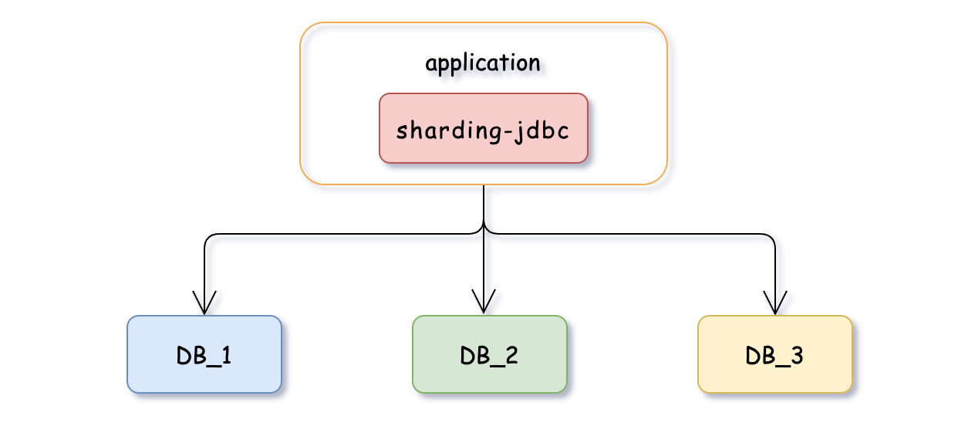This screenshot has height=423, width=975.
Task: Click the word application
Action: pos(483,63)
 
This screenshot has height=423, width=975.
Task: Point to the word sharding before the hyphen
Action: pos(447,130)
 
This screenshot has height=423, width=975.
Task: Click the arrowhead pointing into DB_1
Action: pos(204,304)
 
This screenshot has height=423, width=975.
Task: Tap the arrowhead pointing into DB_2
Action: pos(484,304)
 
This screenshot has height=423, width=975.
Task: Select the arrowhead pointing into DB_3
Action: pos(774,304)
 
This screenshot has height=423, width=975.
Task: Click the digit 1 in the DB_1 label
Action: pos(227,356)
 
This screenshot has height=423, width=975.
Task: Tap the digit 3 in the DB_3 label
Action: pos(798,356)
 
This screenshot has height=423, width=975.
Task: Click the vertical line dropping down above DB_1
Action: pos(204,266)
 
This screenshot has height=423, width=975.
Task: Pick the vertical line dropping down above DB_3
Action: pos(774,266)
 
